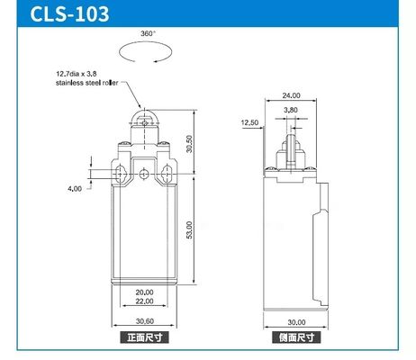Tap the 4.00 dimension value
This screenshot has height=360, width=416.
(75, 188)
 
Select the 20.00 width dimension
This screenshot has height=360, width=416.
(146, 292)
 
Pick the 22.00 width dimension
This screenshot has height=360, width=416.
(146, 301)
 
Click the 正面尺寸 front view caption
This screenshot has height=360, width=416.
(146, 338)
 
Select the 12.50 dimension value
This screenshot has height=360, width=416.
(250, 121)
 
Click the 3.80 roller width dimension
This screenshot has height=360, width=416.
(291, 110)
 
